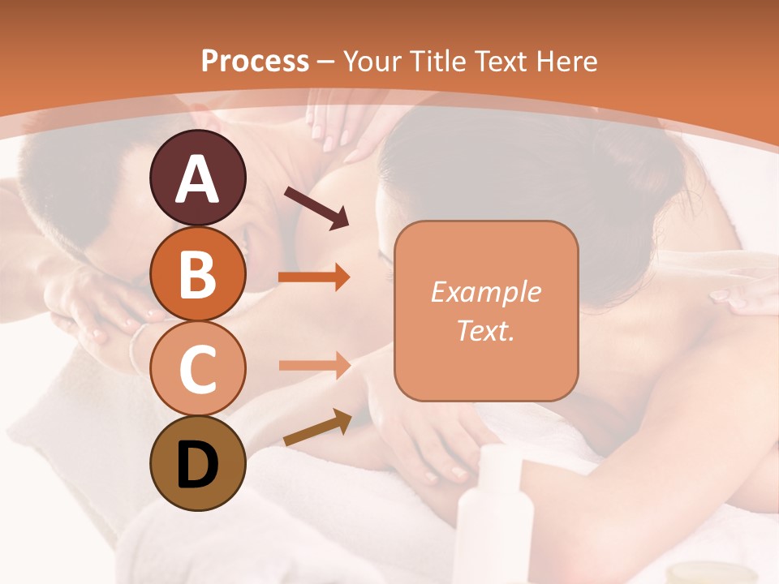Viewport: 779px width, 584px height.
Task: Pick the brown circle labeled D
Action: (x=197, y=464)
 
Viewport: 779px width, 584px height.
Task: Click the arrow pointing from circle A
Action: (x=316, y=207)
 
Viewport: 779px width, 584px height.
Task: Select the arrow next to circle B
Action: (x=314, y=277)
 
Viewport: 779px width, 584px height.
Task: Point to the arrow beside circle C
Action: (x=314, y=365)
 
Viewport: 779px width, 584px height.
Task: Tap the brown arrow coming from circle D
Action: (x=317, y=429)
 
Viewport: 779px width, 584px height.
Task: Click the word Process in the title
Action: (x=255, y=62)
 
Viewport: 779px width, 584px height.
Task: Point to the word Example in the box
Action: (x=485, y=292)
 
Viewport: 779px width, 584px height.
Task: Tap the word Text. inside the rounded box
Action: (x=485, y=330)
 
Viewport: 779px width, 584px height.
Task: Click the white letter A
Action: (x=197, y=180)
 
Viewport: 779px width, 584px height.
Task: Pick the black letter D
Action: (x=197, y=464)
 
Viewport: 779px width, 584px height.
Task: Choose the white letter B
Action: (x=197, y=274)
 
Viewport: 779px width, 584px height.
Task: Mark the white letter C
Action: (x=197, y=368)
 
